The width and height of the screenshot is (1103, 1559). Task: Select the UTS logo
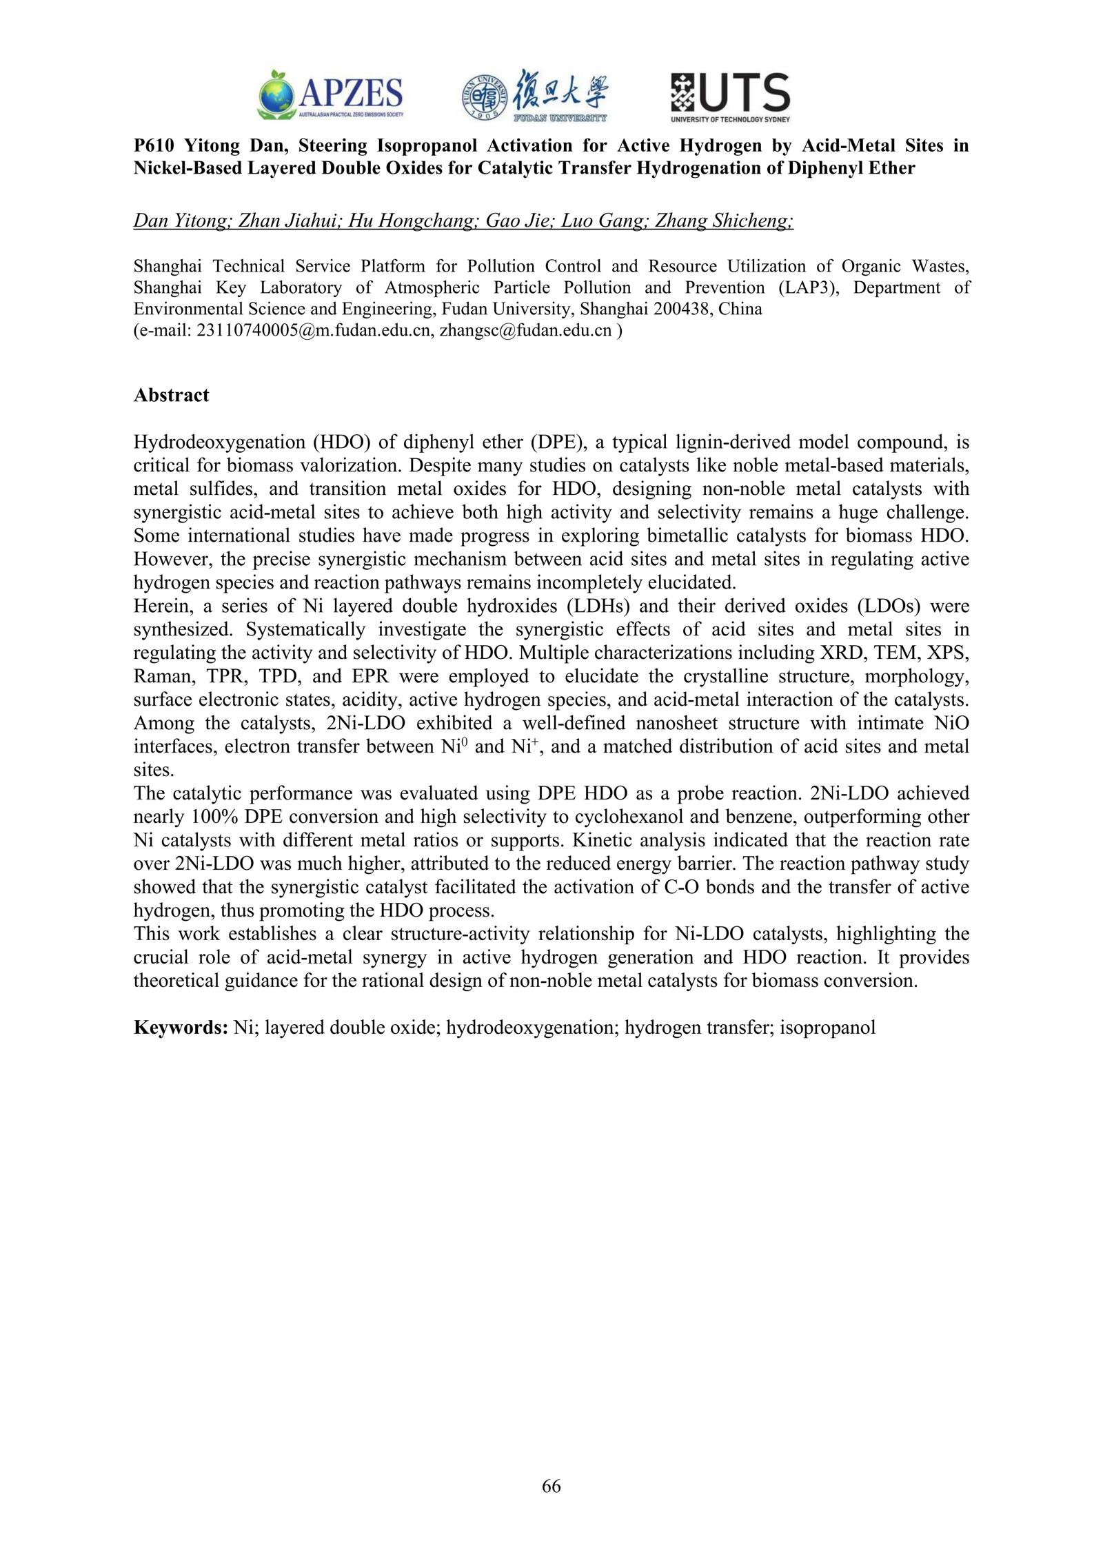coord(730,97)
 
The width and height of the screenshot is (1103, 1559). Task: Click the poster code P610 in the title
coord(152,145)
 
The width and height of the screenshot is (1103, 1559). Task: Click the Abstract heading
coord(171,395)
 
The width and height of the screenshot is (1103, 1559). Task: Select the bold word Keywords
coord(181,1028)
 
